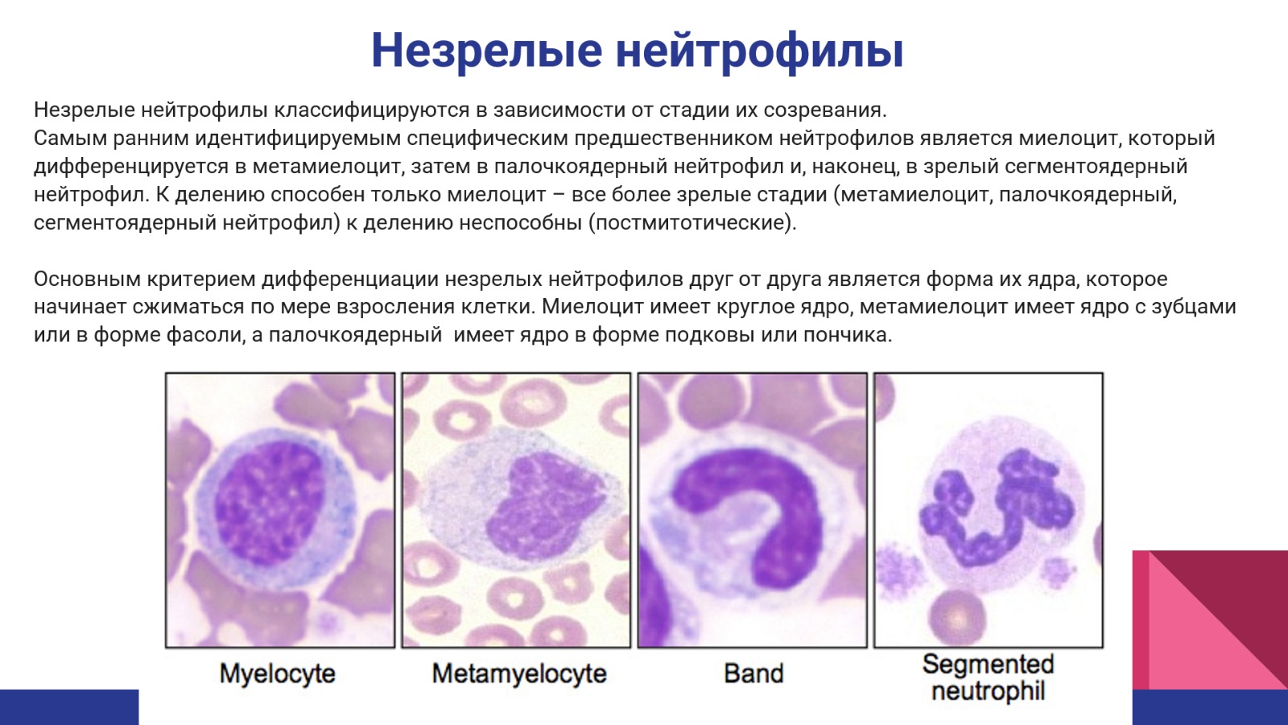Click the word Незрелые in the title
click(486, 51)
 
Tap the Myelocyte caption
click(277, 673)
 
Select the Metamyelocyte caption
click(519, 673)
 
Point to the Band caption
click(753, 673)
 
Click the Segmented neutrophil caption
click(988, 677)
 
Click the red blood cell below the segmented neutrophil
click(958, 617)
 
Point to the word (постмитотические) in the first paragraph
click(691, 222)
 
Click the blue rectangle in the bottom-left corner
click(69, 707)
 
